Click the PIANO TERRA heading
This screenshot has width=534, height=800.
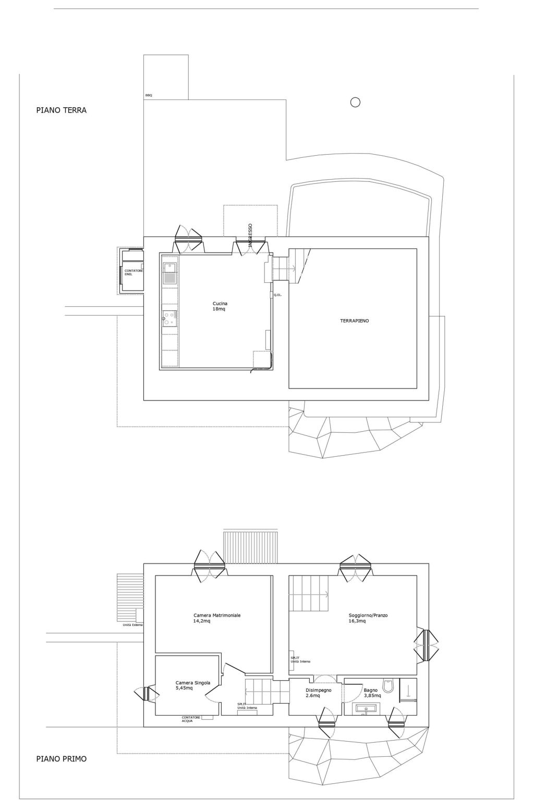(x=62, y=110)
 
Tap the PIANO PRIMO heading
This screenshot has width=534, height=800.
(x=62, y=758)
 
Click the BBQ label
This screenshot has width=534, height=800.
(x=149, y=95)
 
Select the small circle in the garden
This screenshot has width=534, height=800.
(x=355, y=103)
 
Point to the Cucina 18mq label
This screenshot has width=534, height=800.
(x=220, y=306)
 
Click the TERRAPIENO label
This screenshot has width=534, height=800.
(x=354, y=321)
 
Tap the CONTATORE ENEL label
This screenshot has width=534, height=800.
(x=133, y=272)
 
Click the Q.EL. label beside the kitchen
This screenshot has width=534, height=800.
(x=277, y=295)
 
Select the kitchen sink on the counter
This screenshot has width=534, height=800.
(x=169, y=273)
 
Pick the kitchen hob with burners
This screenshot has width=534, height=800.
(x=169, y=319)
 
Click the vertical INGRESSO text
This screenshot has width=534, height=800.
(x=250, y=235)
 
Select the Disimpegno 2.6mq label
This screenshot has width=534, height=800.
(x=318, y=693)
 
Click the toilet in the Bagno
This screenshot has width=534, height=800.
(x=387, y=685)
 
